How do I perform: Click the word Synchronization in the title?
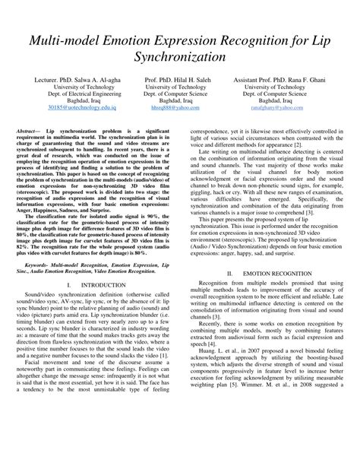[x=180, y=56]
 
